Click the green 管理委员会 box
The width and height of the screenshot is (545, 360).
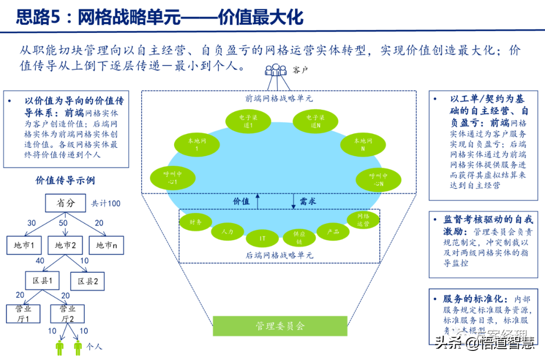pyautogui.click(x=280, y=326)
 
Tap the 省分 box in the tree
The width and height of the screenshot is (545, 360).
pyautogui.click(x=66, y=203)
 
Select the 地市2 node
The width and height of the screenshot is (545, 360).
pyautogui.click(x=65, y=245)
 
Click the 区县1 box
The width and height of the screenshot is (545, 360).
pyautogui.click(x=42, y=281)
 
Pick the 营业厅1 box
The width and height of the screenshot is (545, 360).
pyautogui.click(x=23, y=313)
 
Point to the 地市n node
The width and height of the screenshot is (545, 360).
pyautogui.click(x=106, y=245)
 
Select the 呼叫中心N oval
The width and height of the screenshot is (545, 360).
pyautogui.click(x=378, y=180)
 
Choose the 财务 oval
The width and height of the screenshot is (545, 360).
pyautogui.click(x=196, y=222)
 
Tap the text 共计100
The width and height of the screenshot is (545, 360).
pyautogui.click(x=105, y=204)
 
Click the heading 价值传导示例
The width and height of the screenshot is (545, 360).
pyautogui.click(x=65, y=180)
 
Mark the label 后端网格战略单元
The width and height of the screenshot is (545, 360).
pyautogui.click(x=279, y=255)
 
